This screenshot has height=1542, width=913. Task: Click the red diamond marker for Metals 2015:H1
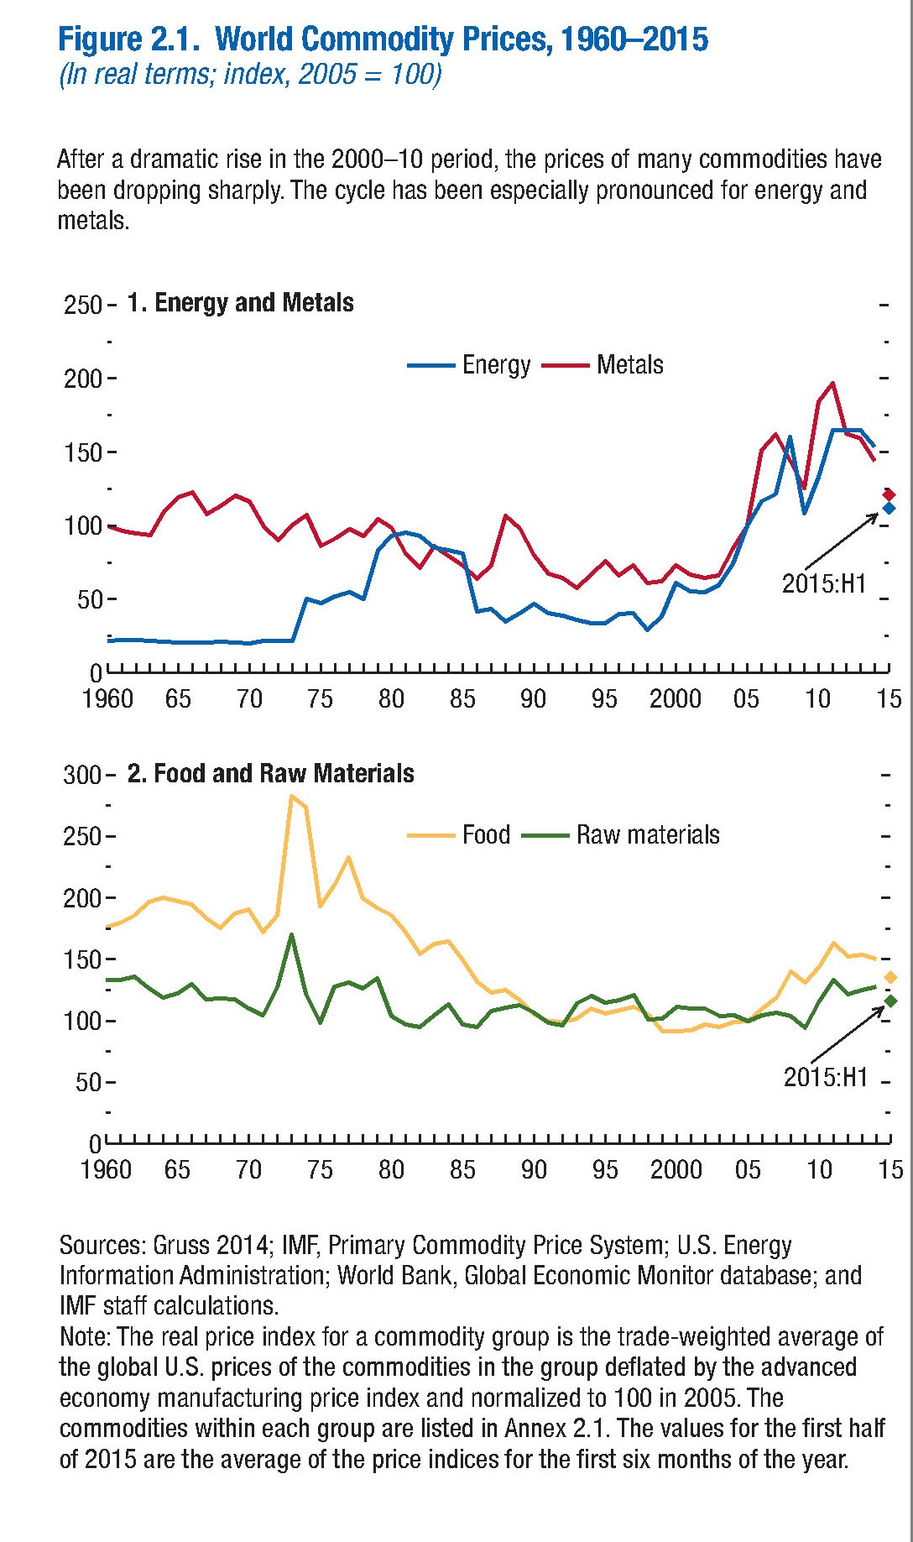[x=889, y=494]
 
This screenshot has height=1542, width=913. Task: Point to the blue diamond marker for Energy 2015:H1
[x=889, y=508]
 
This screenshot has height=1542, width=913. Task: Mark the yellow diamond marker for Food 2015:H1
[x=890, y=977]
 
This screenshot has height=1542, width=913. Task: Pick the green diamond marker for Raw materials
[x=890, y=1001]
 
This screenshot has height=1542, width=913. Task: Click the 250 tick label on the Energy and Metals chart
[x=82, y=305]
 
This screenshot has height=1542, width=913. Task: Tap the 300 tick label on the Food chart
[x=81, y=775]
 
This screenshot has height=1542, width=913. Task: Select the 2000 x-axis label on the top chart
[x=675, y=699]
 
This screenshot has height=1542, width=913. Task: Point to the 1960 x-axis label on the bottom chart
[x=106, y=1170]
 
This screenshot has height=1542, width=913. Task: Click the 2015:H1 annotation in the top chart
[x=823, y=584]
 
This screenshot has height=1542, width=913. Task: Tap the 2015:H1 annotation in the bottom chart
[x=825, y=1078]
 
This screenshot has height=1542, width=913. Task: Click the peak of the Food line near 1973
[x=291, y=795]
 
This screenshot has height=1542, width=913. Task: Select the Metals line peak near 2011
[x=832, y=384]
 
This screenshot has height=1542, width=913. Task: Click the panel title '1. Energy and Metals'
[x=240, y=303]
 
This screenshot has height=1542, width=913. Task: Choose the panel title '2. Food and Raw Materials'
[x=270, y=774]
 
